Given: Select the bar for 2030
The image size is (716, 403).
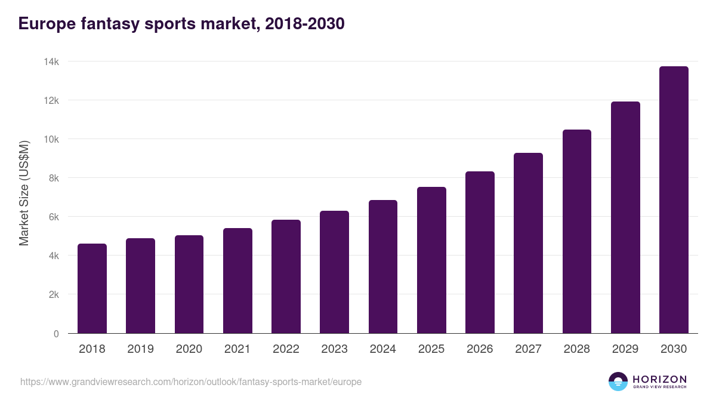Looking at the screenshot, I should click(x=674, y=200).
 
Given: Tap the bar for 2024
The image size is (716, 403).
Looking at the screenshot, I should click(x=383, y=267).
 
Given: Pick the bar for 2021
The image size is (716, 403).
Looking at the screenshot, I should click(x=237, y=281).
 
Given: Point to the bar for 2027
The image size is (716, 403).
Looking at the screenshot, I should click(x=528, y=243).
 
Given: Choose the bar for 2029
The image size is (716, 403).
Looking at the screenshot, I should click(x=625, y=217).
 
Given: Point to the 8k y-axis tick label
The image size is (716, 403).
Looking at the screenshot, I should click(x=54, y=178).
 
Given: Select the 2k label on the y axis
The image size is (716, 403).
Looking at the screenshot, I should click(x=54, y=294).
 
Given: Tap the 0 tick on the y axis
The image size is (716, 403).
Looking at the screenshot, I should click(x=56, y=334).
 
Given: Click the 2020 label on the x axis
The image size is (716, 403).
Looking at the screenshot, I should click(x=189, y=349).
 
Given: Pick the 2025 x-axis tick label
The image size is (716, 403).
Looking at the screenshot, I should click(x=431, y=349).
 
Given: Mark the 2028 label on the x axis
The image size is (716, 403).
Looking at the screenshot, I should click(x=576, y=349).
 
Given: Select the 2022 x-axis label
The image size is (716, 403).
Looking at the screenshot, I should click(x=286, y=349).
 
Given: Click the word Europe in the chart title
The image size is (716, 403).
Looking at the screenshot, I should click(x=45, y=24).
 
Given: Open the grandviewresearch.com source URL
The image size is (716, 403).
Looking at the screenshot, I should click(x=191, y=382).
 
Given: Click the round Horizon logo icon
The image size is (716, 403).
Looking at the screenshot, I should click(x=618, y=382).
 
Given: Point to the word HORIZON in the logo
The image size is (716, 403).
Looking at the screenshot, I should click(x=659, y=379).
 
